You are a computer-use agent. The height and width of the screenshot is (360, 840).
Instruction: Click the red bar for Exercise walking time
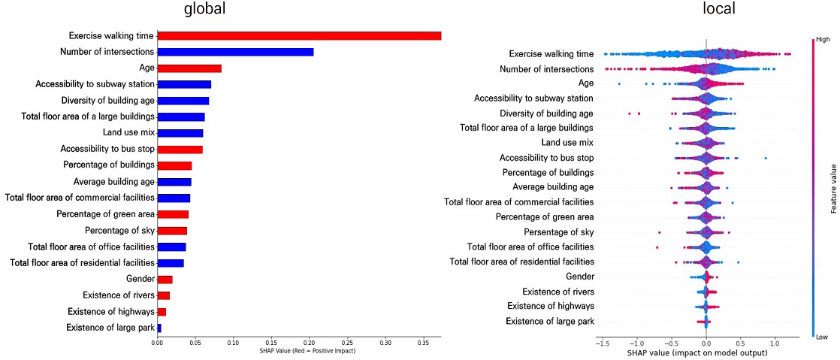click(x=299, y=36)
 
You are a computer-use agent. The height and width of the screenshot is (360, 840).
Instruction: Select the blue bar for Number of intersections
click(x=235, y=52)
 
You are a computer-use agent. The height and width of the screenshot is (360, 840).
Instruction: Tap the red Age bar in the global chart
click(x=189, y=68)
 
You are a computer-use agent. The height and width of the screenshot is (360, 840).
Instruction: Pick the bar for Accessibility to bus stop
click(x=180, y=150)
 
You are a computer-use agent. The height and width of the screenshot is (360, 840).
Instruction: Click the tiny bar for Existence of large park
click(x=159, y=328)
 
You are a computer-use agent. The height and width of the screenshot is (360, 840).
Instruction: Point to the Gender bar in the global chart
click(x=165, y=280)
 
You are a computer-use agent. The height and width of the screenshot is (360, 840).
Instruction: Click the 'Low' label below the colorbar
click(x=822, y=337)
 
